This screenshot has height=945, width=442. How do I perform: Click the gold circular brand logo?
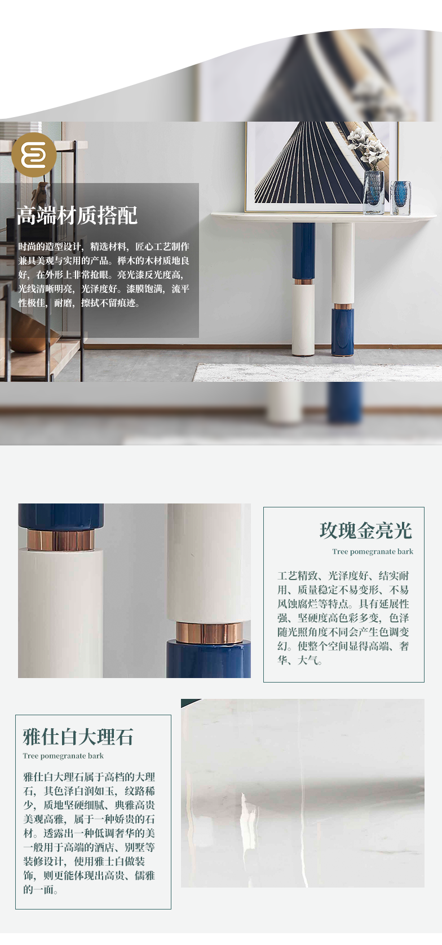(x=34, y=155)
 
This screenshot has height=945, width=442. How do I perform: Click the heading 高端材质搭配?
(x=77, y=215)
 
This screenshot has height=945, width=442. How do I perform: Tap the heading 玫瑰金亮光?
(x=365, y=531)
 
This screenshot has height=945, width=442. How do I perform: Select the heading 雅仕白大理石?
(x=78, y=737)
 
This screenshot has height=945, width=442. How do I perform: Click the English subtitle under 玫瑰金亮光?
(x=373, y=551)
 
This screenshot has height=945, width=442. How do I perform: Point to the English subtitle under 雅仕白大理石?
(x=63, y=756)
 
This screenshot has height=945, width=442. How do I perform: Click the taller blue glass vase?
(x=374, y=193)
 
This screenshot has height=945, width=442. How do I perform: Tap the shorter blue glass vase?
(x=401, y=198)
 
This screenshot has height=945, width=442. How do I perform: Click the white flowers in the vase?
(x=368, y=147)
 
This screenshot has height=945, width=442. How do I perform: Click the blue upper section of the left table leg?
(x=303, y=251)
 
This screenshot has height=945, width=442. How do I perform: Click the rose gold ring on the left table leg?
(x=303, y=282)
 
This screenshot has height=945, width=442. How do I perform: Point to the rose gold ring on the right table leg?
(x=342, y=306)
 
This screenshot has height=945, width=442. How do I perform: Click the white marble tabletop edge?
(x=324, y=217)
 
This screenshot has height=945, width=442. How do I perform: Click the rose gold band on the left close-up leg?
(x=61, y=541)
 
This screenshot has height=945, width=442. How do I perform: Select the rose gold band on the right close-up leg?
(x=209, y=632)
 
